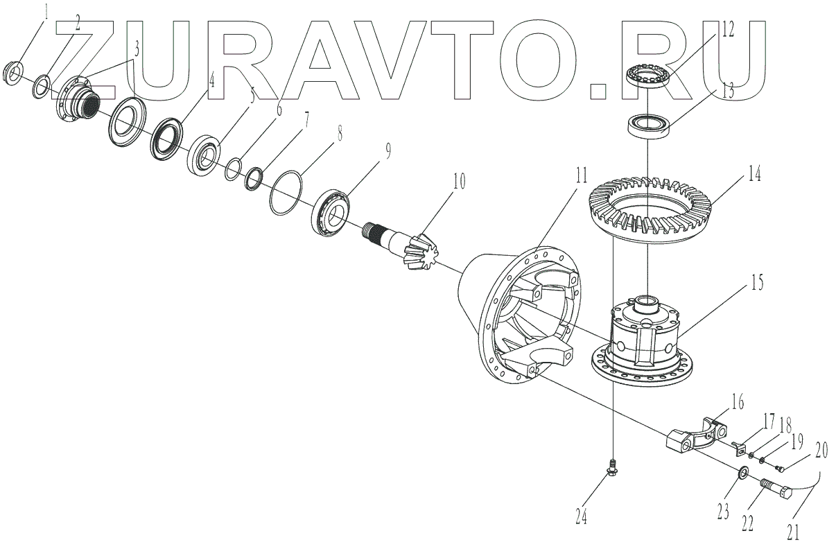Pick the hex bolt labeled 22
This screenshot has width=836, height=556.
pyautogui.click(x=774, y=492)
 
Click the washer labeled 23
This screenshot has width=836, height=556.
pyautogui.click(x=741, y=474)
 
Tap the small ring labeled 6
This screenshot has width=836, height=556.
pyautogui.click(x=234, y=169)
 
